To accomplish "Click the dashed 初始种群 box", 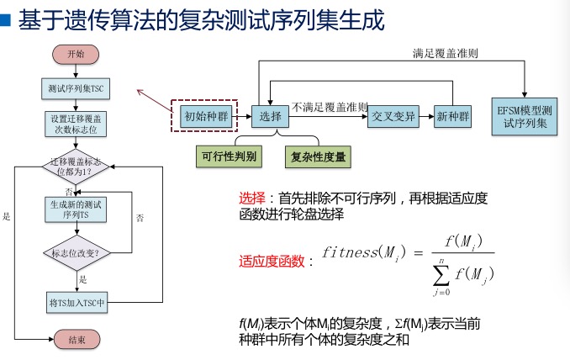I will tap(206, 115).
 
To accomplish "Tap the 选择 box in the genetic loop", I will tap(271, 116).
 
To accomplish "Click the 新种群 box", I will tap(451, 116).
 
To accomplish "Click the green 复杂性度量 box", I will tap(319, 156).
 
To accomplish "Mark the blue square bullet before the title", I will tap(7, 19).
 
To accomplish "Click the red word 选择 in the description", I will tap(252, 199).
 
